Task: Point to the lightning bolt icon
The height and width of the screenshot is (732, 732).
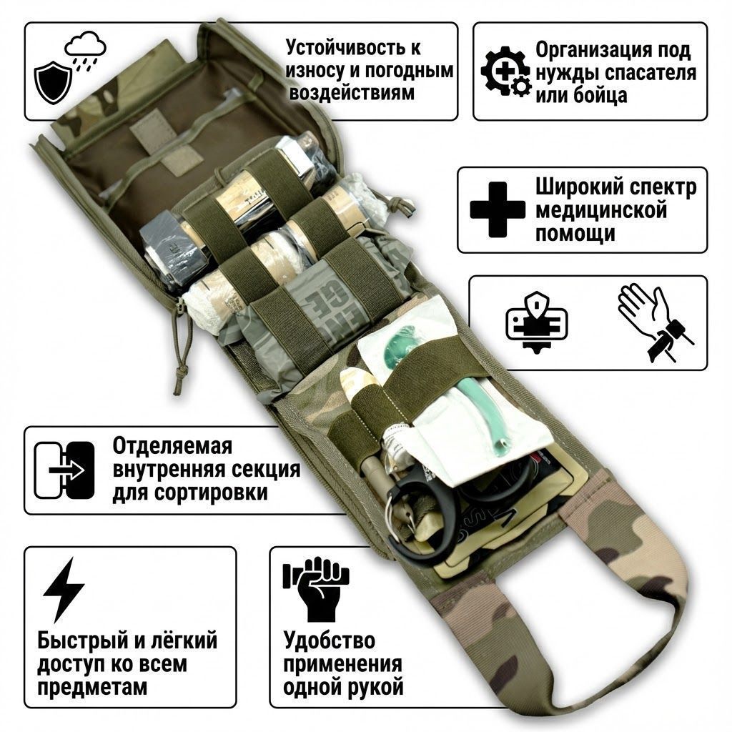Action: click(x=64, y=590)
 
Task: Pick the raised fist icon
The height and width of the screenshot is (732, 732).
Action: click(x=315, y=589)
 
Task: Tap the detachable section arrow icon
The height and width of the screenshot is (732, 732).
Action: click(x=65, y=470)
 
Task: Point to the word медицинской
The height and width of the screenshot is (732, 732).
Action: click(x=601, y=211)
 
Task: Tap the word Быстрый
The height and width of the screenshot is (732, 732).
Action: click(x=83, y=640)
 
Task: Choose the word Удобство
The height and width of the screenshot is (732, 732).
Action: click(x=329, y=639)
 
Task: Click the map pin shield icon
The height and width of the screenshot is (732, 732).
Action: click(x=536, y=322)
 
